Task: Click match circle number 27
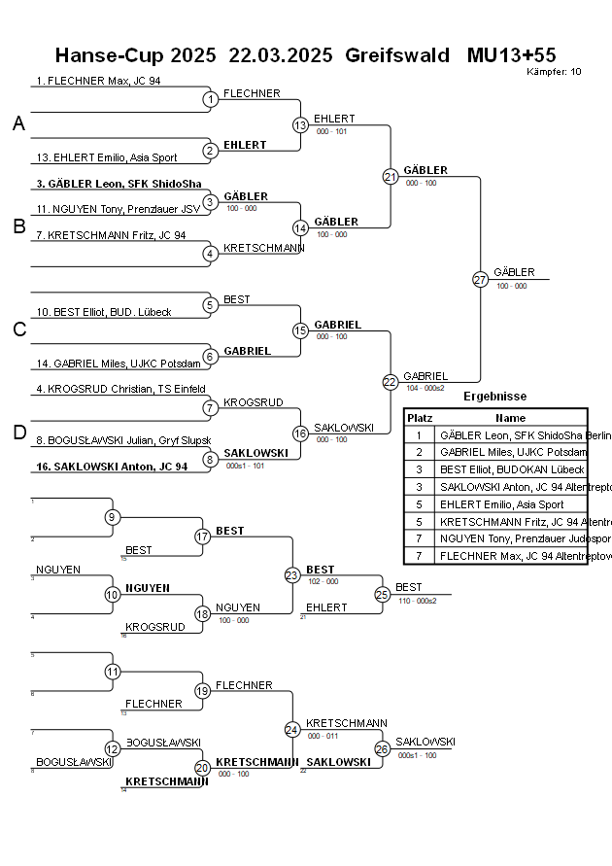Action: pyautogui.click(x=480, y=279)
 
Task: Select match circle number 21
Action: pyautogui.click(x=391, y=177)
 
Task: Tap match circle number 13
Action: pyautogui.click(x=300, y=125)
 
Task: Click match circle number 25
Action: pyautogui.click(x=382, y=594)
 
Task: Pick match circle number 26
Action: pyautogui.click(x=382, y=749)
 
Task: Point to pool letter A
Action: pyautogui.click(x=18, y=123)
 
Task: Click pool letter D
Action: pyautogui.click(x=18, y=433)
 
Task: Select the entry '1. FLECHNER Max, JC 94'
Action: pyautogui.click(x=98, y=81)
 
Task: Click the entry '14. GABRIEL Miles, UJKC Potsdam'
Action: pyautogui.click(x=119, y=364)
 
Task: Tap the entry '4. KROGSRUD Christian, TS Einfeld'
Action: pyautogui.click(x=120, y=390)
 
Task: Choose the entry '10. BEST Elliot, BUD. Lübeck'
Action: pyautogui.click(x=104, y=312)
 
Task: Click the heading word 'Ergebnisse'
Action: pyautogui.click(x=494, y=397)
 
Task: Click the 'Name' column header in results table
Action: pyautogui.click(x=510, y=417)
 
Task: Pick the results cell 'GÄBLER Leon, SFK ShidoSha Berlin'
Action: pyautogui.click(x=511, y=435)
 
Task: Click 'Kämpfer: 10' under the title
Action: pyautogui.click(x=554, y=72)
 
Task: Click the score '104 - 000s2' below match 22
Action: pyautogui.click(x=425, y=388)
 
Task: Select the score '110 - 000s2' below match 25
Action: pyautogui.click(x=417, y=601)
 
